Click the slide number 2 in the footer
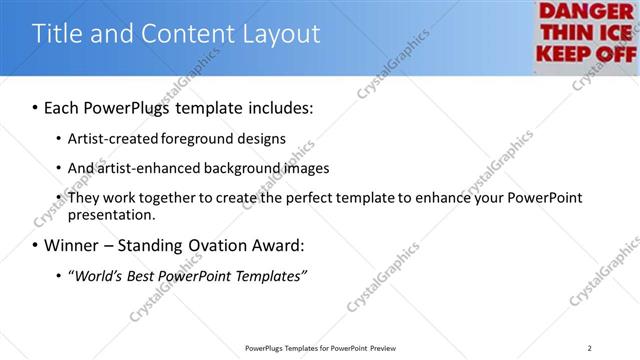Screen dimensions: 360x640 click(590, 347)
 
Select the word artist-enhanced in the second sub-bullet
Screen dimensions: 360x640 click(149, 168)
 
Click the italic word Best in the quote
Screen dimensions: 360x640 click(149, 275)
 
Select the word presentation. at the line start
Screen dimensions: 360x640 click(112, 214)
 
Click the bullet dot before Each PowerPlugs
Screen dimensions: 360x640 click(35, 107)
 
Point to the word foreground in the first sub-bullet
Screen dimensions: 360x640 click(190, 138)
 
